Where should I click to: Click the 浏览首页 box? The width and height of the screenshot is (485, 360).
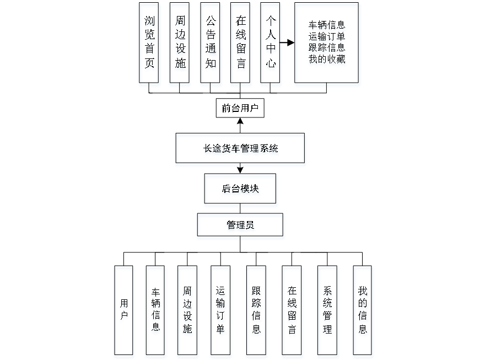pyautogui.click(x=149, y=45)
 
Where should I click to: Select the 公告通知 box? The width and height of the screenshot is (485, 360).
pyautogui.click(x=211, y=45)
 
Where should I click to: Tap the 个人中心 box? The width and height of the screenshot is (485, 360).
pyautogui.click(x=271, y=45)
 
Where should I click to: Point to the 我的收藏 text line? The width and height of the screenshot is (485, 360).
pyautogui.click(x=327, y=61)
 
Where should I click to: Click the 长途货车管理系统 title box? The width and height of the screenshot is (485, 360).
pyautogui.click(x=240, y=149)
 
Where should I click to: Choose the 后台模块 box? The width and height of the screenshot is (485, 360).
pyautogui.click(x=241, y=190)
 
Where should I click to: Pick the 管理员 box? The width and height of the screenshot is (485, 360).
pyautogui.click(x=241, y=227)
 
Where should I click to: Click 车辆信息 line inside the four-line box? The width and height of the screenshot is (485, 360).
pyautogui.click(x=327, y=26)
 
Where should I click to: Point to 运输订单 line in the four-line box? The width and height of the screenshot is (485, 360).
pyautogui.click(x=327, y=37)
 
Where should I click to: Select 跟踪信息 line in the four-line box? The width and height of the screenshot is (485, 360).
pyautogui.click(x=327, y=49)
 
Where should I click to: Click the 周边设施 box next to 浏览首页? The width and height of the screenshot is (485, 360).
pyautogui.click(x=180, y=45)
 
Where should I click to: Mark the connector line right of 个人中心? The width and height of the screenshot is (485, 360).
pyautogui.click(x=288, y=42)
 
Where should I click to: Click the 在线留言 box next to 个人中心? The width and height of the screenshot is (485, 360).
pyautogui.click(x=241, y=45)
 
